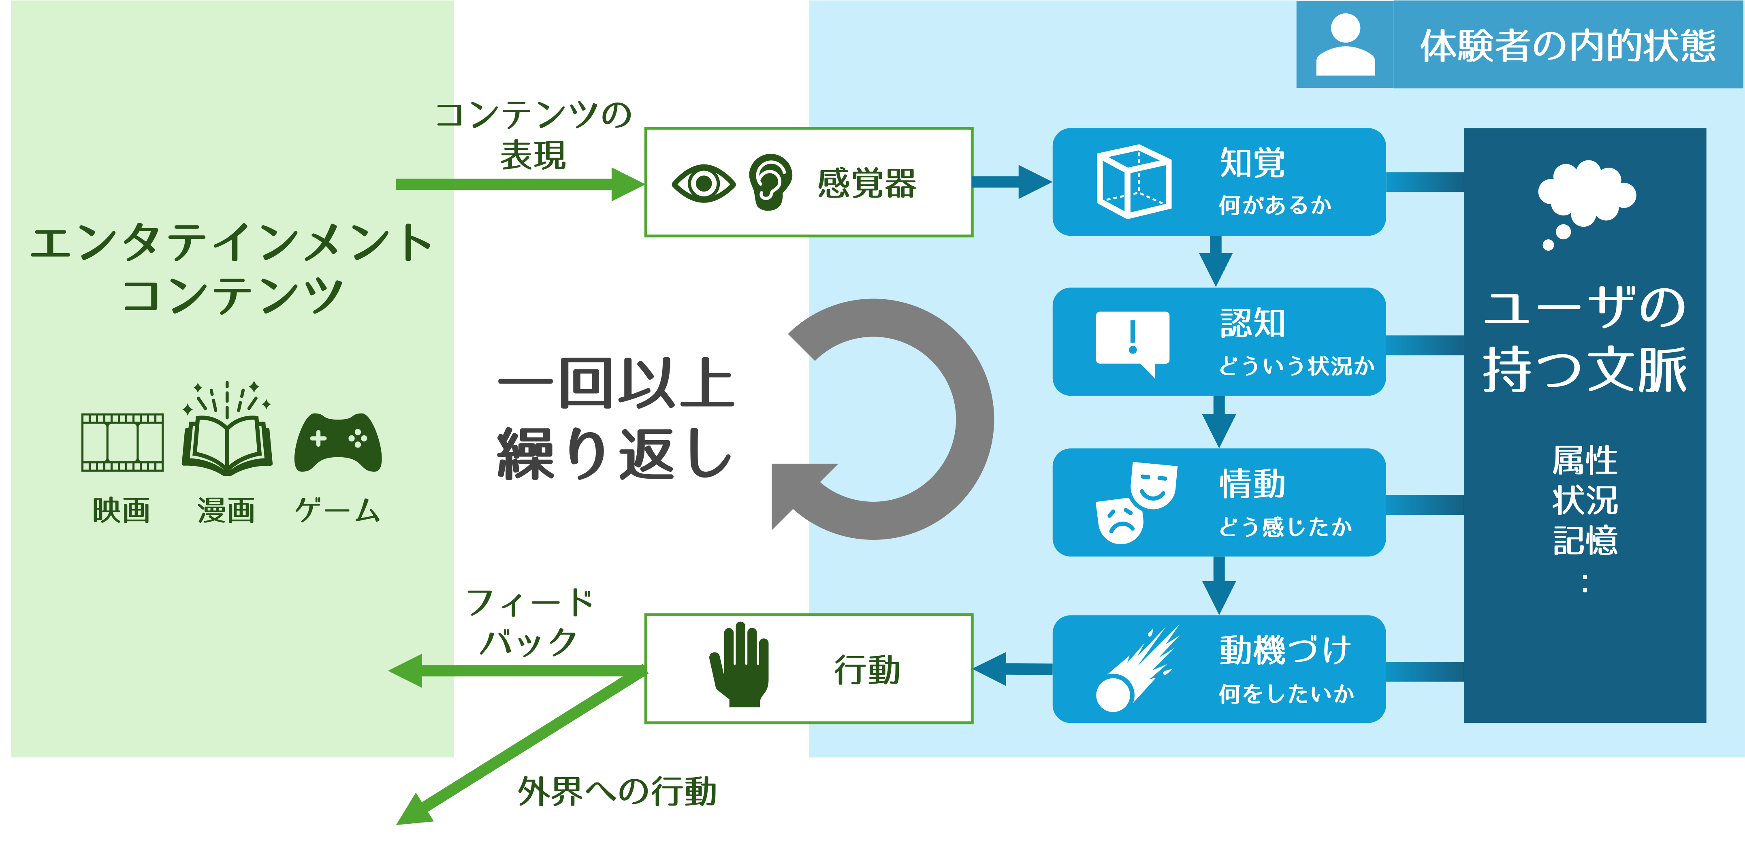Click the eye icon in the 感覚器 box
(703, 183)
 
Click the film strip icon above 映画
(123, 442)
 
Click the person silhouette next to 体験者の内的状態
(1345, 45)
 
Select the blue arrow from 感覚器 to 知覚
(1012, 181)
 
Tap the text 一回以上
(616, 384)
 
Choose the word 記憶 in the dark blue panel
(1585, 541)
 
